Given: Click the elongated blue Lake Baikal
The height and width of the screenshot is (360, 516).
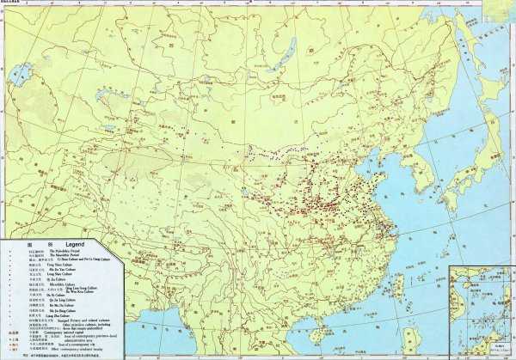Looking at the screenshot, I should tap(280, 57).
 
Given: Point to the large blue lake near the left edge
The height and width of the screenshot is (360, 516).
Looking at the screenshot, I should tap(24, 70).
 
